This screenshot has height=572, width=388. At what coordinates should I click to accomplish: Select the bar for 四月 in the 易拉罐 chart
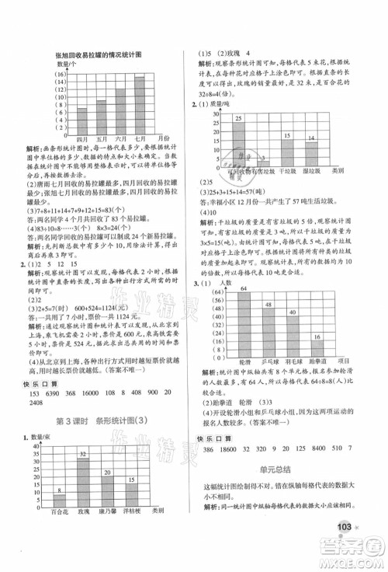[x=83, y=120]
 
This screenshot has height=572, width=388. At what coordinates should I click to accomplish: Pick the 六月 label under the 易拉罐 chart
[x=120, y=138]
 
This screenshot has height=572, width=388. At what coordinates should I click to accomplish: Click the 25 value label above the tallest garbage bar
[x=238, y=117]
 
